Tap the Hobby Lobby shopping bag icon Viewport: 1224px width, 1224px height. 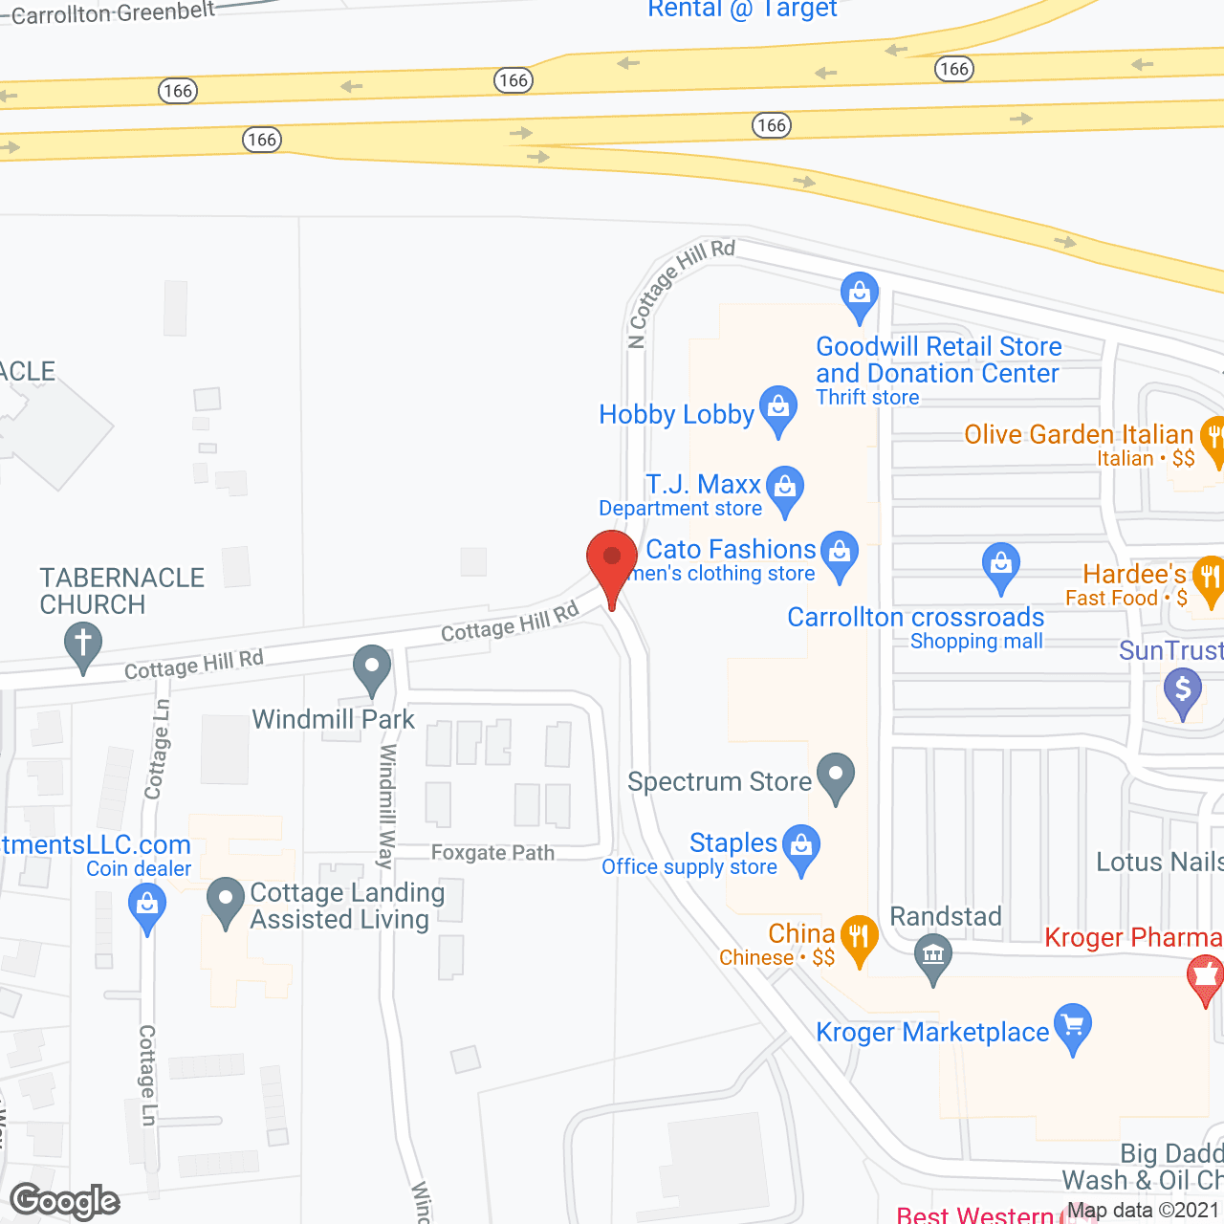[778, 407]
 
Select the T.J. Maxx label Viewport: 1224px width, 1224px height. [703, 485]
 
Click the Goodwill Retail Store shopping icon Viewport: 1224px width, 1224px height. [860, 294]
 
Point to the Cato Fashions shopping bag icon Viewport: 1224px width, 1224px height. [840, 552]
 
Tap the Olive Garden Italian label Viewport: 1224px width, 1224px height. [1078, 434]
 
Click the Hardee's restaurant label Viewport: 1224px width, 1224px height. [1134, 574]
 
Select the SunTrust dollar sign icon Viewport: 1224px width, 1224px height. [1183, 688]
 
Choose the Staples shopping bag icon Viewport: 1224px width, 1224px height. [801, 845]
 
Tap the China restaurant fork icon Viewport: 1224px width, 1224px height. [859, 936]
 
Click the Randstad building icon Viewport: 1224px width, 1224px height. [933, 954]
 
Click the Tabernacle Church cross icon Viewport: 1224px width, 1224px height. [83, 643]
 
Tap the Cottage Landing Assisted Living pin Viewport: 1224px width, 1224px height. [226, 900]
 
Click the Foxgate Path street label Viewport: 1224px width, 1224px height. [492, 853]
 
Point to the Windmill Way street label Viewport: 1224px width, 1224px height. [386, 805]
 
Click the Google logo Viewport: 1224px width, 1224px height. [65, 1201]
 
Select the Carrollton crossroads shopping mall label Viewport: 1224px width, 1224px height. [915, 618]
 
